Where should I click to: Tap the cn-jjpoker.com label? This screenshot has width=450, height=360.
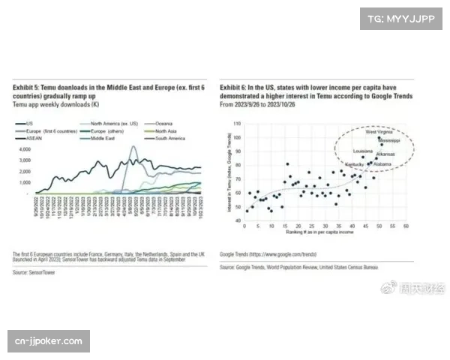pyautogui.click(x=48, y=341)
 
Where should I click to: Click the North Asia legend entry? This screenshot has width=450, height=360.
pyautogui.click(x=158, y=130)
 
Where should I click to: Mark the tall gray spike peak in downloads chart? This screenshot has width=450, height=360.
pyautogui.click(x=133, y=147)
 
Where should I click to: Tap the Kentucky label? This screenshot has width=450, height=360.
pyautogui.click(x=354, y=163)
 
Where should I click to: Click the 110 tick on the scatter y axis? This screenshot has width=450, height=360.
pyautogui.click(x=238, y=123)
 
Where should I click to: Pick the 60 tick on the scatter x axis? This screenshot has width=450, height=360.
pyautogui.click(x=406, y=225)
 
